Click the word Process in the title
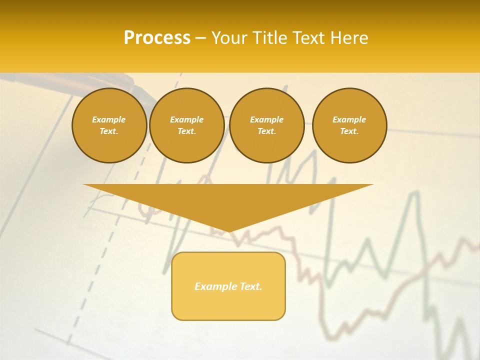(x=157, y=38)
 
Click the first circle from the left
(x=109, y=125)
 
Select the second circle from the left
(x=186, y=125)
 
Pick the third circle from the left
(x=266, y=125)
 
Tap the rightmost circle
(x=349, y=125)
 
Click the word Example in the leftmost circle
(x=109, y=119)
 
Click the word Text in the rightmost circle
(x=348, y=131)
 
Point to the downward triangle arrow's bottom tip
(x=228, y=231)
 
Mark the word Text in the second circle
(x=186, y=131)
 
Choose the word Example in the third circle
(x=266, y=119)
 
